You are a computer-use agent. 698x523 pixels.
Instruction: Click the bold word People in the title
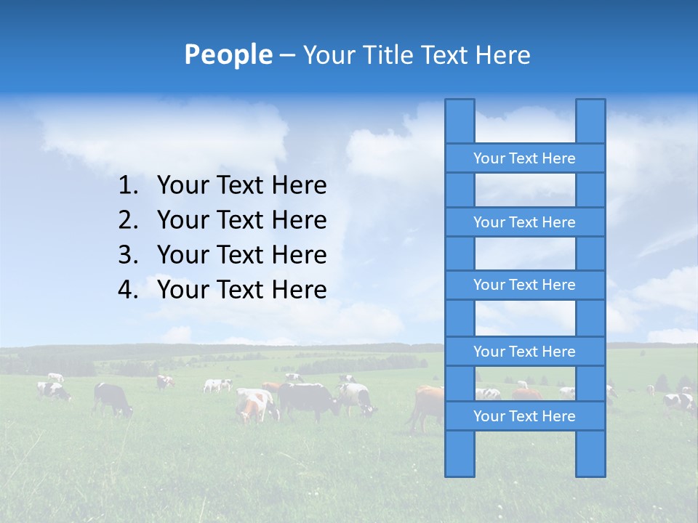228,54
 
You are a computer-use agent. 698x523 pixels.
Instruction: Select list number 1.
127,186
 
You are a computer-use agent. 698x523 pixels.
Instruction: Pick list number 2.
127,220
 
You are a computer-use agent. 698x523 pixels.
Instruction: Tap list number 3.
127,255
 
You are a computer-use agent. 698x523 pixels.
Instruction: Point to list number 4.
127,290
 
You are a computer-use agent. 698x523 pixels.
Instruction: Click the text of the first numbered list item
241,186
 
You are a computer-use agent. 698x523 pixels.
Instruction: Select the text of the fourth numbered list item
241,290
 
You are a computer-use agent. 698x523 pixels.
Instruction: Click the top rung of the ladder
524,158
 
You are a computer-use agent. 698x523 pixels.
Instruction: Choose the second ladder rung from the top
524,222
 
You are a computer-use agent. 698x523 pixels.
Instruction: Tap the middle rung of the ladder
524,285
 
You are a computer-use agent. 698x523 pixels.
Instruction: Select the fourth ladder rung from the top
524,352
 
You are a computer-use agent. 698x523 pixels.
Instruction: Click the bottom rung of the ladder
524,416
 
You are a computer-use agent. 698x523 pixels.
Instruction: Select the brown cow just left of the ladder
427,405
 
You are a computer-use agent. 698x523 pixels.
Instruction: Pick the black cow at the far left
112,397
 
